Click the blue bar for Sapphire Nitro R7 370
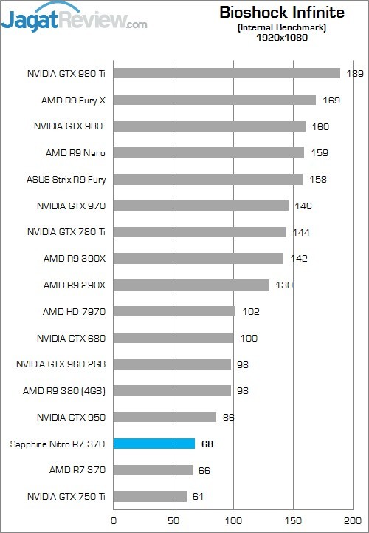click(x=154, y=444)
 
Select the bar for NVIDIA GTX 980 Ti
click(x=227, y=73)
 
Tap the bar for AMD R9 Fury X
click(x=214, y=100)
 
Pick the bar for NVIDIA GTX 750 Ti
click(x=150, y=497)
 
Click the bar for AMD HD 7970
click(x=174, y=311)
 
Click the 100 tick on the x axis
click(x=234, y=520)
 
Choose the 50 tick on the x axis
click(x=173, y=520)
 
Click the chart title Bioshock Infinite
click(x=281, y=13)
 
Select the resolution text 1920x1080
click(x=282, y=38)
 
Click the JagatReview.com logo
click(x=74, y=18)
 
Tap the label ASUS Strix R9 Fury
click(x=66, y=179)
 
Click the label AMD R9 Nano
click(x=76, y=152)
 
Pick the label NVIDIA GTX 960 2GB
click(x=61, y=364)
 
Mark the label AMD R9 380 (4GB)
click(x=64, y=390)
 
